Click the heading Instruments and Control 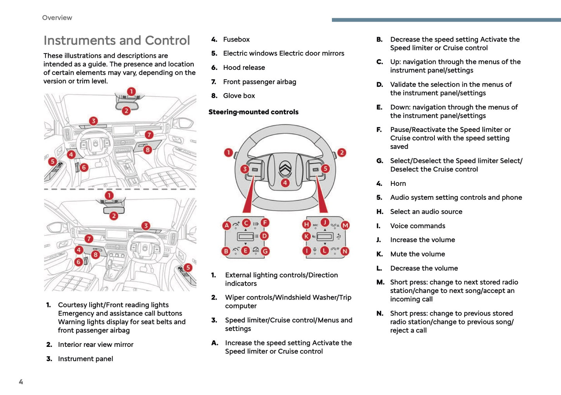(116, 40)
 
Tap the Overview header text (57, 18)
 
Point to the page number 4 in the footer (21, 382)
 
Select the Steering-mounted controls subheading (253, 112)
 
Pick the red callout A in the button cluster (227, 225)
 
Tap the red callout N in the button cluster (344, 251)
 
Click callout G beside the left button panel (265, 251)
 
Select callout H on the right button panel (306, 224)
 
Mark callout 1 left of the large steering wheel (228, 152)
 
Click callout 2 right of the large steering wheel (342, 152)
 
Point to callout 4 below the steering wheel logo (285, 183)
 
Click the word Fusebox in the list (236, 40)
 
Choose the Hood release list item (244, 68)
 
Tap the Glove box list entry (239, 96)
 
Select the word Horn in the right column (398, 184)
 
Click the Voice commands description (417, 226)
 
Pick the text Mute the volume (417, 254)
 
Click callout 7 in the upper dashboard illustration (149, 135)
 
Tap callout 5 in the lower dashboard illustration (188, 267)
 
